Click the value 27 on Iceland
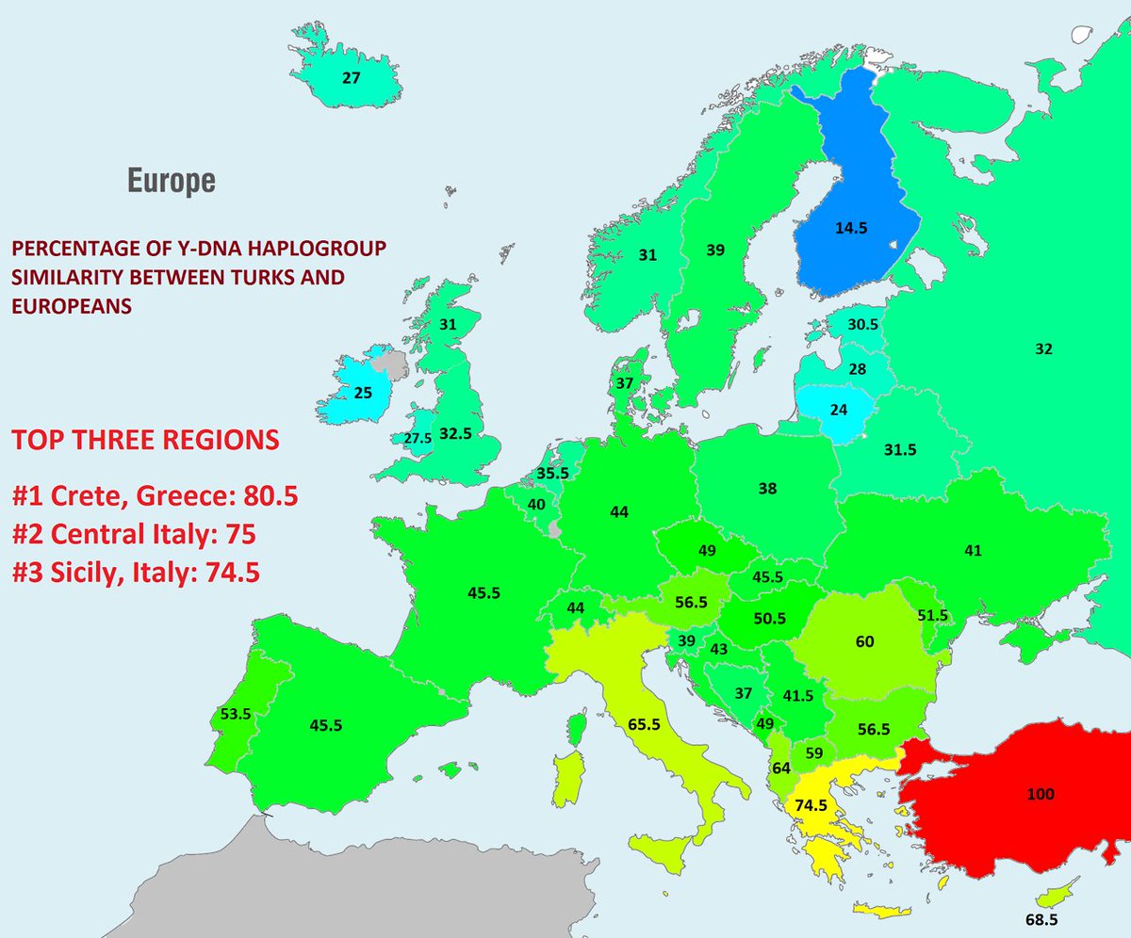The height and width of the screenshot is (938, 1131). (x=351, y=78)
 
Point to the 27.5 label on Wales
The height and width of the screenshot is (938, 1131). (x=418, y=439)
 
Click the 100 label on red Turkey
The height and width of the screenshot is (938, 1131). (x=1040, y=795)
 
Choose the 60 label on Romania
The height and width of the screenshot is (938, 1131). (x=865, y=641)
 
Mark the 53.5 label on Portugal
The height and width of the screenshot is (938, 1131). (x=235, y=714)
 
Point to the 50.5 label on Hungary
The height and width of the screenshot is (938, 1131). (x=769, y=618)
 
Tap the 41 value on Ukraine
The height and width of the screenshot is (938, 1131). (x=974, y=550)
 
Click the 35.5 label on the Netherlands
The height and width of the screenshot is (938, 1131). (x=552, y=473)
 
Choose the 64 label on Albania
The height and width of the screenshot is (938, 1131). (x=780, y=768)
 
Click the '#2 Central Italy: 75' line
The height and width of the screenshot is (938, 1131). (x=134, y=534)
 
